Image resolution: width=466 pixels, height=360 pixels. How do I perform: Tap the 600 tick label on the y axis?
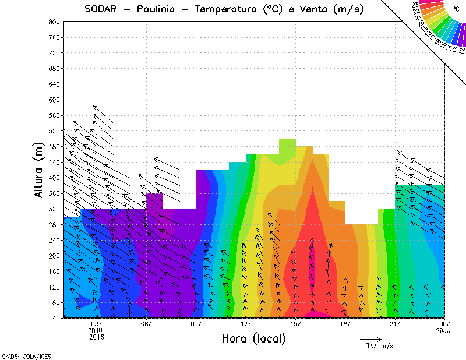click(x=53, y=100)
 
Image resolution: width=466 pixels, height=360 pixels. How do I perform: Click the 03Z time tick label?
click(x=97, y=324)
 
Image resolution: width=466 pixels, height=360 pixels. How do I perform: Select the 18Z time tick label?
click(x=345, y=324)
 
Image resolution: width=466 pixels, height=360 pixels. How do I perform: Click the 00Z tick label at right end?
click(x=445, y=324)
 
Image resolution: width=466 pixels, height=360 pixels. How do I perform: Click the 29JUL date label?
click(x=445, y=330)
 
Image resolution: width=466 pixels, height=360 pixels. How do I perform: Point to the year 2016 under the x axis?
click(x=97, y=337)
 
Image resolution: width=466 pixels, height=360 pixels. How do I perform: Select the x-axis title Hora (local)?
click(x=253, y=338)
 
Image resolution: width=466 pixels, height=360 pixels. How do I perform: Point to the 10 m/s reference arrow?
click(x=370, y=338)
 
